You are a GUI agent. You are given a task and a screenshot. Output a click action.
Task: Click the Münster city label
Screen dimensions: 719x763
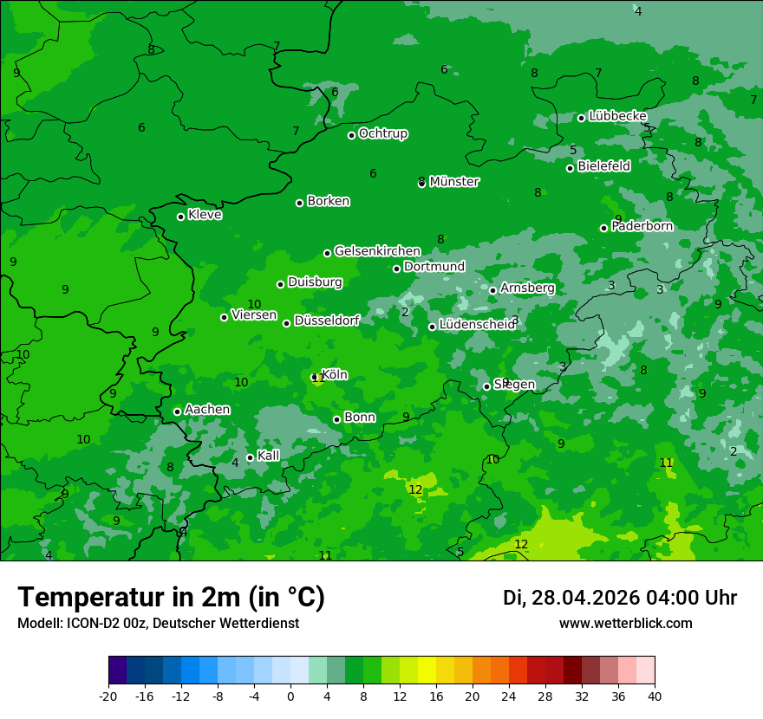tap(453, 182)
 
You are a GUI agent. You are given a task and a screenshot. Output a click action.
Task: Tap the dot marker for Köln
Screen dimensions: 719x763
tap(315, 377)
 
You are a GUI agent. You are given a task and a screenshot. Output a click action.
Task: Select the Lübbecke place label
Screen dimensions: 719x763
tap(617, 116)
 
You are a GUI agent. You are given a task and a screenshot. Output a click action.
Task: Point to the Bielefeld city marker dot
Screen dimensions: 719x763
tap(571, 168)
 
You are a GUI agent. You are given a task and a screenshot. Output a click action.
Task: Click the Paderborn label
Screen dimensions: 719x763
tap(642, 226)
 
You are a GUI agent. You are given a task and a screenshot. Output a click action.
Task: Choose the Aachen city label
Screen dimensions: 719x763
tap(207, 410)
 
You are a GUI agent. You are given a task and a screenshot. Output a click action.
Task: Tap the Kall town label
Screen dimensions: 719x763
tap(269, 456)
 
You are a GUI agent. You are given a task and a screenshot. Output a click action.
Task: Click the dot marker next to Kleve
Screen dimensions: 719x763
tap(181, 217)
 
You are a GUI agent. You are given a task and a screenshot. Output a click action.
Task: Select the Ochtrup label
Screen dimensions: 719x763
tap(382, 133)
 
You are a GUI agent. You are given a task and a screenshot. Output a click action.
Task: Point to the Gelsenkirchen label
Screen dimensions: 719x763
tap(377, 251)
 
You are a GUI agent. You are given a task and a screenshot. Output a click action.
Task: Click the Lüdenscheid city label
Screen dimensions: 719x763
tap(476, 325)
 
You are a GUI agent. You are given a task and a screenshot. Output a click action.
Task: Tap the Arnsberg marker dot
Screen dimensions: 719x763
tap(492, 290)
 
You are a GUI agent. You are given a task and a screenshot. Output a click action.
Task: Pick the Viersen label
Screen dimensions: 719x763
tap(254, 315)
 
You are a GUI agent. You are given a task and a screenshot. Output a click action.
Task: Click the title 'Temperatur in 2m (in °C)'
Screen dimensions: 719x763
tap(171, 597)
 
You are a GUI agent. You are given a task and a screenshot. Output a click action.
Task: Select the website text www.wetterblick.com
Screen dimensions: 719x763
tap(625, 623)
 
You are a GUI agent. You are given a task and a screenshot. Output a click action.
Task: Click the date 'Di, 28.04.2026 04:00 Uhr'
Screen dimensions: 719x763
tap(619, 598)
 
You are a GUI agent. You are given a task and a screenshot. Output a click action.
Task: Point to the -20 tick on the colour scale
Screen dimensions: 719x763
tap(108, 696)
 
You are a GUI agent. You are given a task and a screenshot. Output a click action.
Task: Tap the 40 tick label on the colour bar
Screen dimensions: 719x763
tap(655, 696)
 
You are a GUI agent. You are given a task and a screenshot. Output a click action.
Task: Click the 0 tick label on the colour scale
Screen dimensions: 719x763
tap(290, 696)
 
